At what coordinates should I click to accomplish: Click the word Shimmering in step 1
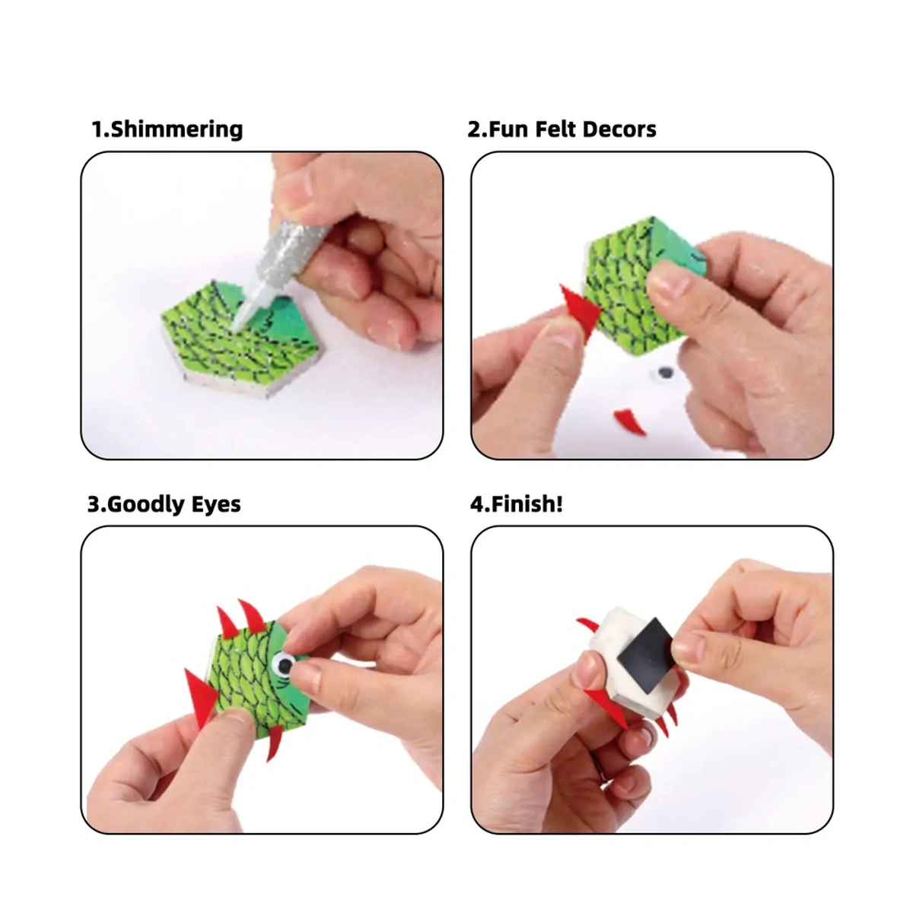click(177, 130)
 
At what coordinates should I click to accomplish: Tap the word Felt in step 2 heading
click(555, 129)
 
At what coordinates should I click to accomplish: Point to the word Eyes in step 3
click(215, 504)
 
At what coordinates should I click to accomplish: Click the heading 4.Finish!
click(517, 504)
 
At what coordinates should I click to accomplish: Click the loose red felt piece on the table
click(629, 422)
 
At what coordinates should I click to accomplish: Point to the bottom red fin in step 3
click(275, 741)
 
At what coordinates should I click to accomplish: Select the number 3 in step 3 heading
click(94, 504)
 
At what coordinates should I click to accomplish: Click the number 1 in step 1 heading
click(97, 129)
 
